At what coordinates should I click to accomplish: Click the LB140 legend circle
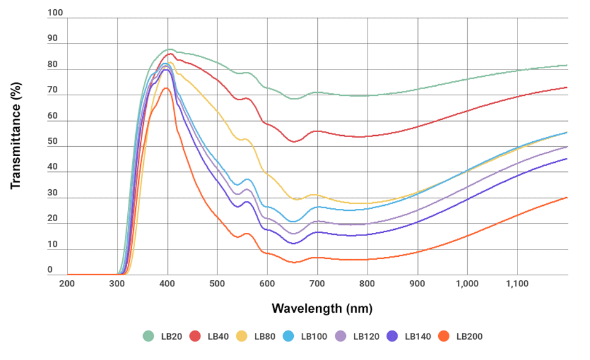tap(392, 336)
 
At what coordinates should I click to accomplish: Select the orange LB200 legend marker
tap(445, 336)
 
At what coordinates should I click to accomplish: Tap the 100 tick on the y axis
tap(55, 13)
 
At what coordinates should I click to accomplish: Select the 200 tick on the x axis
tap(67, 284)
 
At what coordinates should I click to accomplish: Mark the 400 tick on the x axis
tap(167, 284)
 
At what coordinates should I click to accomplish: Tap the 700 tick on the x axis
tap(317, 284)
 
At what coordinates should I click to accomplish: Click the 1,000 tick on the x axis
tap(467, 284)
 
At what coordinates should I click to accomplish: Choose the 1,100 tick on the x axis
tap(517, 284)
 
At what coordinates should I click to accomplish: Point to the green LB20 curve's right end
tap(567, 65)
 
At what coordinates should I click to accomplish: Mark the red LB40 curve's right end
tap(567, 87)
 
